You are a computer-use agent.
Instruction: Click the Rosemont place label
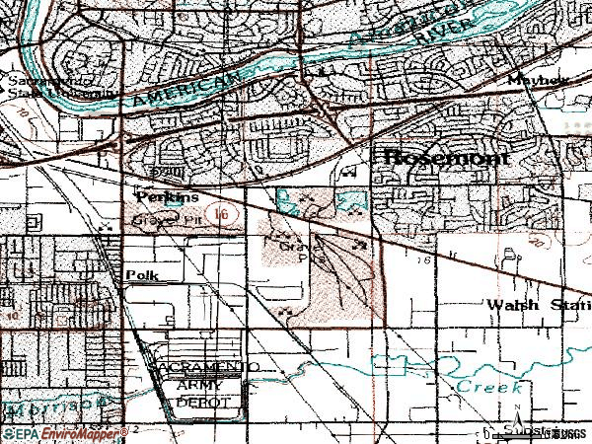(445, 157)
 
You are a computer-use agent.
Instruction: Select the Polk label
(140, 274)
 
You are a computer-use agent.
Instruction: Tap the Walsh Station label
(538, 304)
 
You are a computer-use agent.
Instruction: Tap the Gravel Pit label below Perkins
(162, 219)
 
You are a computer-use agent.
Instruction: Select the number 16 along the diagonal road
(425, 260)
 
